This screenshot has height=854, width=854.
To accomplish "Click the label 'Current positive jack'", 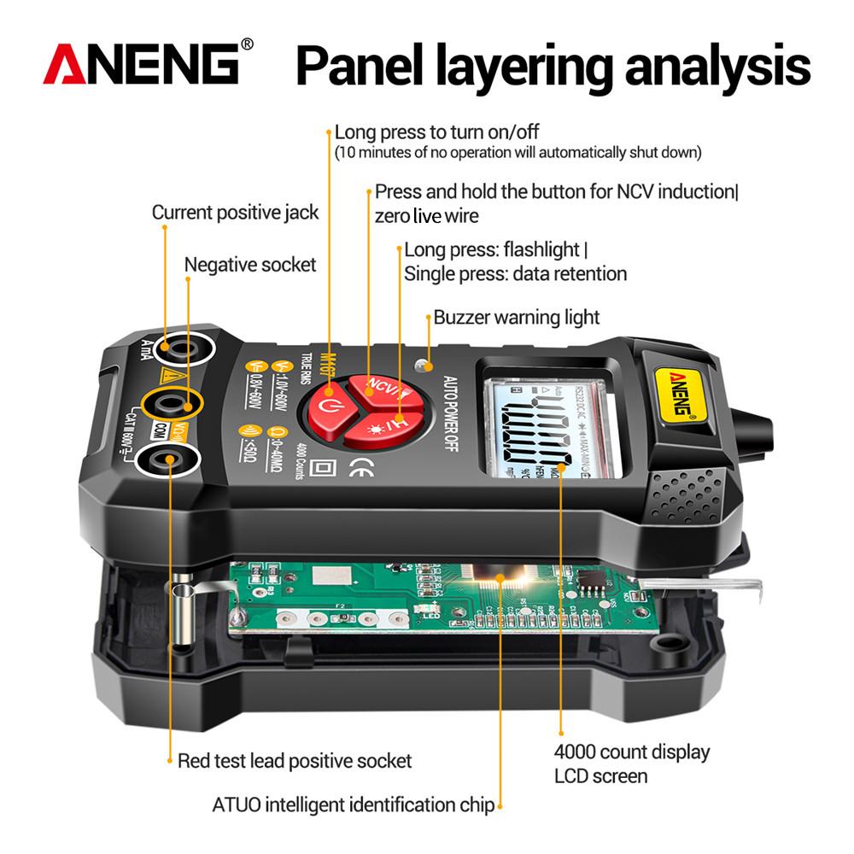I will point(235,212).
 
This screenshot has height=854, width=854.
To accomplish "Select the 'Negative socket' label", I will point(250,265).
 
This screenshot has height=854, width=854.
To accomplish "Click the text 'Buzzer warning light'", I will point(517,318).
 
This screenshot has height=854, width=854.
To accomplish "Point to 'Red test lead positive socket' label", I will point(295,760).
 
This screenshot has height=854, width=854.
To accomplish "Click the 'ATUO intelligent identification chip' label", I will point(354,804).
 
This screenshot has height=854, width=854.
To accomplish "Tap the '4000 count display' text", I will point(632,752).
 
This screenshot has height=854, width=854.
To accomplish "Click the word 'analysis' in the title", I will point(717,67).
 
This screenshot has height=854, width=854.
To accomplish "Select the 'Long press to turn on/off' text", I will point(436,132).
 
